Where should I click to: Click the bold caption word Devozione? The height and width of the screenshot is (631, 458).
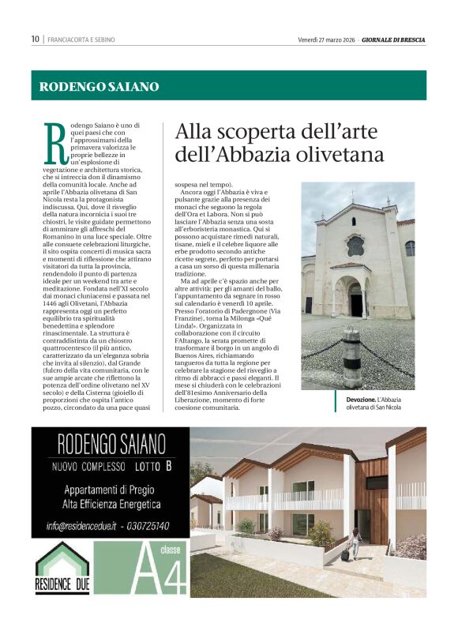(342, 400)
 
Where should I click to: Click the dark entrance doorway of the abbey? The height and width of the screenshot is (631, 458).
(355, 300)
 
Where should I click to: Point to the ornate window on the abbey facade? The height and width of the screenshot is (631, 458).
(355, 245)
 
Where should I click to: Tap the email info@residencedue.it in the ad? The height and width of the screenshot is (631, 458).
(81, 526)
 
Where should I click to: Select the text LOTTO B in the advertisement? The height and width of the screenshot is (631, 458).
(153, 466)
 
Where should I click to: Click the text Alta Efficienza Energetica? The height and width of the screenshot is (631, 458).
(111, 504)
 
